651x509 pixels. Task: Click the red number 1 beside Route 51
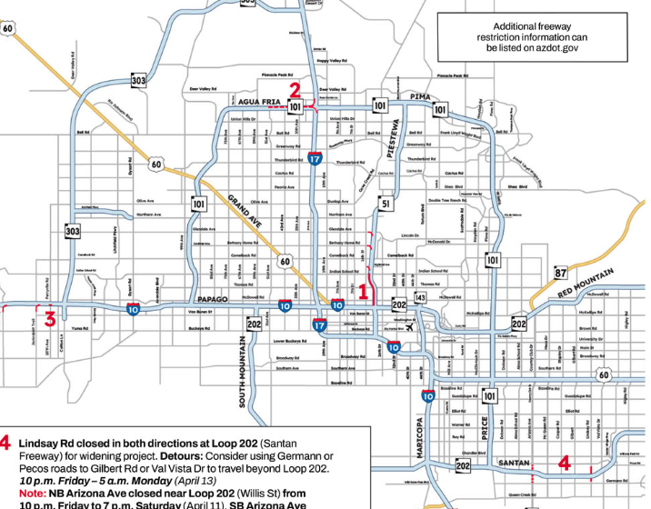coord(364,292)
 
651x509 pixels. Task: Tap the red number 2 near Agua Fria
coord(295,89)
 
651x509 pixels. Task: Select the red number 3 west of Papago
coord(51,318)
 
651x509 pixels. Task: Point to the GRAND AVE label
coord(244,211)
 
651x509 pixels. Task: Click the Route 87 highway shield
coord(561,274)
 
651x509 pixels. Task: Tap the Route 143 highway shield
coord(420,297)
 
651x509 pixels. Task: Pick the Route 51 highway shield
coord(386,205)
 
